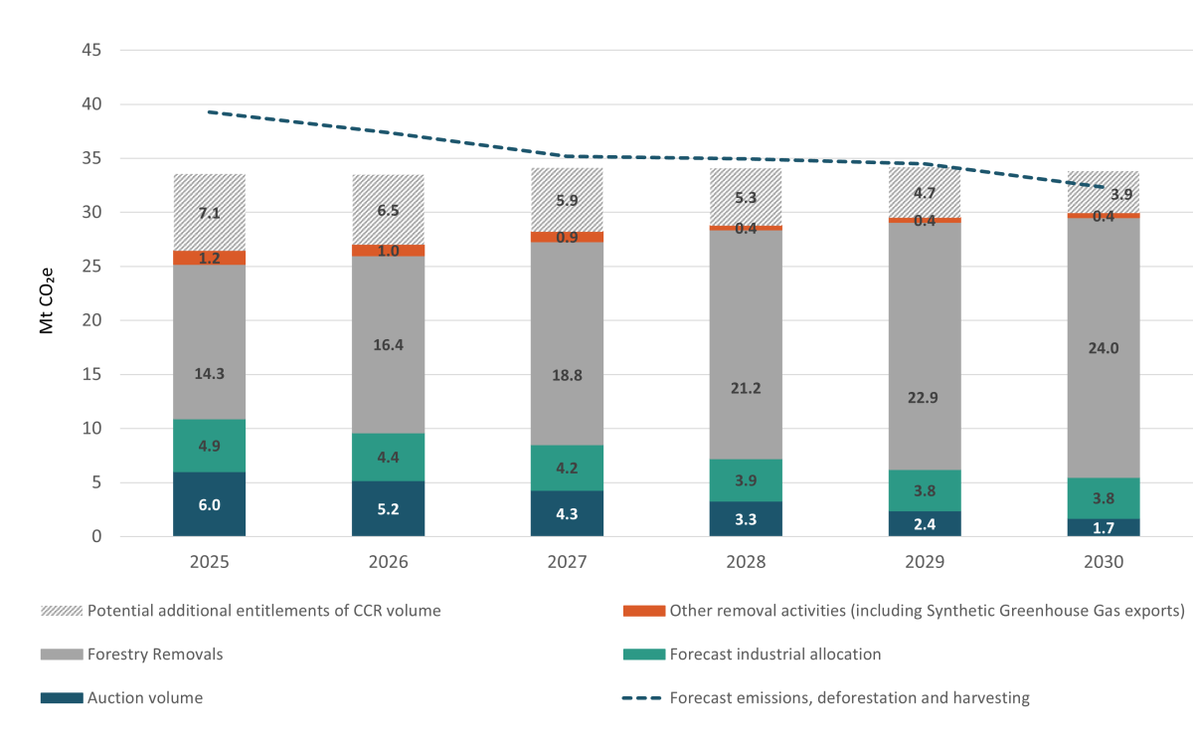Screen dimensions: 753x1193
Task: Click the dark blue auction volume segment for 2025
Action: (x=209, y=504)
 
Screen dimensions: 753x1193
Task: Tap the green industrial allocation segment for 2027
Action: (x=567, y=468)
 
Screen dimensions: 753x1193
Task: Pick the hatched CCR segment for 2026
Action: (x=388, y=209)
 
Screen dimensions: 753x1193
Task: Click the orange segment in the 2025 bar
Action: (x=209, y=258)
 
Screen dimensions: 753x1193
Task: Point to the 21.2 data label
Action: (x=746, y=388)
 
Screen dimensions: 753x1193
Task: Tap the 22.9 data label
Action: (x=925, y=396)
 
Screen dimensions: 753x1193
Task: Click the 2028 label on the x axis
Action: (x=746, y=562)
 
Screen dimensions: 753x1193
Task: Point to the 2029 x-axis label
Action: (x=925, y=562)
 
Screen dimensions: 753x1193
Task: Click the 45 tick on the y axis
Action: (x=89, y=51)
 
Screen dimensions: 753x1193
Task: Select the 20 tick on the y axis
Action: (x=89, y=320)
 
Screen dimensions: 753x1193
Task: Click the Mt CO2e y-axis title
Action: (x=47, y=294)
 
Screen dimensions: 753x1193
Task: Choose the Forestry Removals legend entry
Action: (x=155, y=655)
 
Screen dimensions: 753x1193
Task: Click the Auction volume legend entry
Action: (x=144, y=698)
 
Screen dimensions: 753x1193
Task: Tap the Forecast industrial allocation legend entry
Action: (x=775, y=655)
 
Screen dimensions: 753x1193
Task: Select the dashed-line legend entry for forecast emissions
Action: (x=849, y=698)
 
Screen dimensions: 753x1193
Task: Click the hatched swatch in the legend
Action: (x=62, y=611)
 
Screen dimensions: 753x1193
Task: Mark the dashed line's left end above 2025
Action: (x=209, y=112)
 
